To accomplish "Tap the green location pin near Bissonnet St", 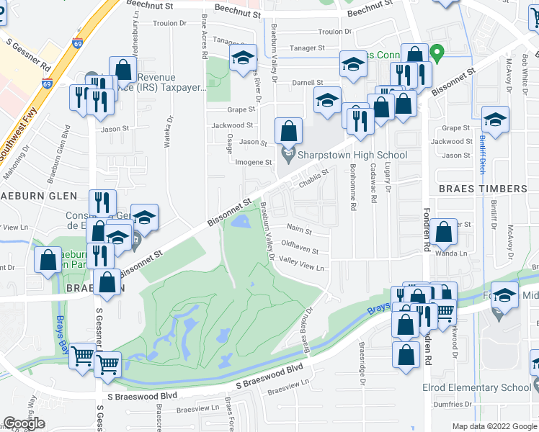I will coord(436,53).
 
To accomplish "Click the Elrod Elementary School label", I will coord(476,388).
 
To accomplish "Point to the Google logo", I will coord(24,423).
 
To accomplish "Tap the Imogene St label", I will coord(254,162).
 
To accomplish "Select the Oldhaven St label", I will coord(300,251).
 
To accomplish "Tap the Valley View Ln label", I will coord(302,264).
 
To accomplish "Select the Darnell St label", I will coord(307,83).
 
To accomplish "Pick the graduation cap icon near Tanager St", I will coord(244,58).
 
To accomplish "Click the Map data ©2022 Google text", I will coord(494,426).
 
